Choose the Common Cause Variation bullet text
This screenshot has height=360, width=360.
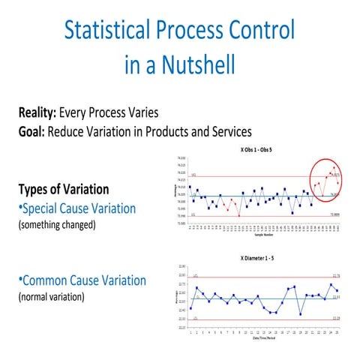(82, 280)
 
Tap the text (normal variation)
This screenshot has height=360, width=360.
(51, 296)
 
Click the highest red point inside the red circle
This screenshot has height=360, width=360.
(333, 167)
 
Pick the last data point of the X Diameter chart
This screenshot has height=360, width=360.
(337, 290)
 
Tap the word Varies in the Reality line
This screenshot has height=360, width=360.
(141, 114)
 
